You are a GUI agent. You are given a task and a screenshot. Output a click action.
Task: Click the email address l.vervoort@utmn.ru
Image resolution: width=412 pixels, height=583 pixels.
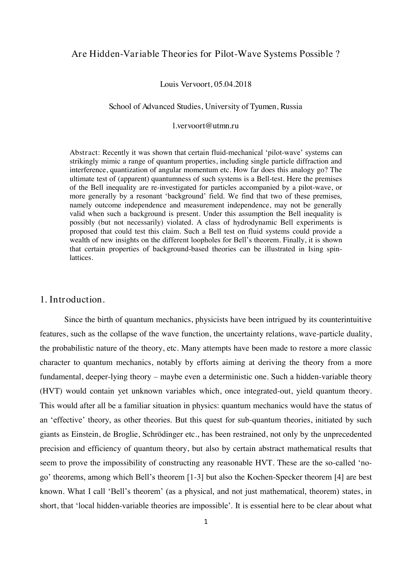(x=206, y=126)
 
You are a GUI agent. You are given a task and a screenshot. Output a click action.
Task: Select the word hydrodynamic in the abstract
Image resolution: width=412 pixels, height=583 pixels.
(x=252, y=222)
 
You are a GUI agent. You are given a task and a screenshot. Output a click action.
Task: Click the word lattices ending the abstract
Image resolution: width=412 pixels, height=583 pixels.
(x=81, y=257)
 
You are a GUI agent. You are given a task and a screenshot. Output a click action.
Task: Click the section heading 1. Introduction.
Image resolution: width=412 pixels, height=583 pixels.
(x=72, y=299)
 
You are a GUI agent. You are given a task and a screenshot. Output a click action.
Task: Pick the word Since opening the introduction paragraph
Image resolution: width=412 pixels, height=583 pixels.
(x=73, y=320)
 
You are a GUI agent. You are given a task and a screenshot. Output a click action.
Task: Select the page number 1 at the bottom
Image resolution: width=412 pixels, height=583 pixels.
(x=206, y=522)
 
